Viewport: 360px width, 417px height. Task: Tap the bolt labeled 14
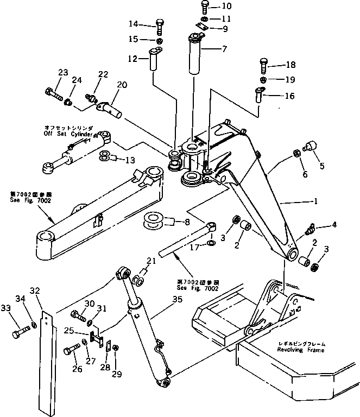point(159,25)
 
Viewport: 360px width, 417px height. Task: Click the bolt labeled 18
point(262,67)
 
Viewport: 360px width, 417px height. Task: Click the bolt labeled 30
point(78,315)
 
